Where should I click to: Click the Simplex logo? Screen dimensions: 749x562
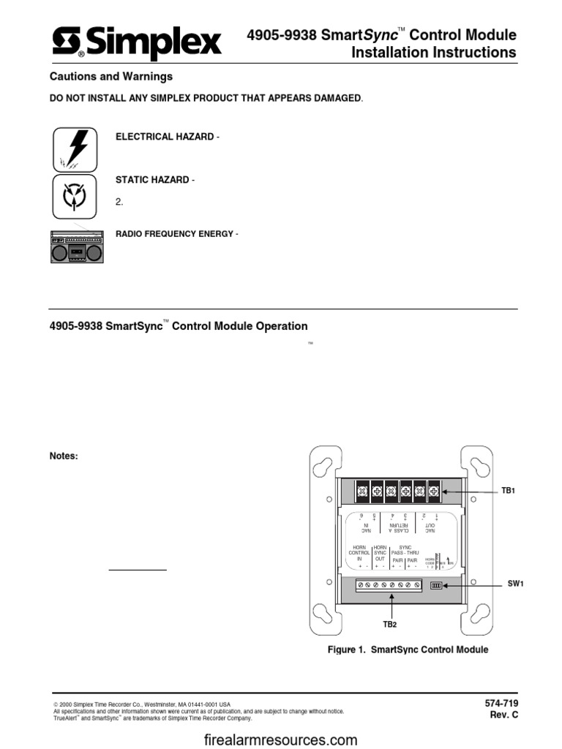[x=136, y=45]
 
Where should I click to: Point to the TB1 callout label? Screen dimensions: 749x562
[x=508, y=491]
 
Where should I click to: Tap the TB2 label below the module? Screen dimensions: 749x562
[x=390, y=624]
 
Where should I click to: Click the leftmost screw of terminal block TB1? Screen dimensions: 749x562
[x=361, y=491]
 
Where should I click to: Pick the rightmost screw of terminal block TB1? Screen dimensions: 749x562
[x=433, y=491]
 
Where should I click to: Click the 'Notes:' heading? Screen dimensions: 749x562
[x=63, y=456]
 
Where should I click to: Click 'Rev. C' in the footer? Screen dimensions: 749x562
[x=504, y=715]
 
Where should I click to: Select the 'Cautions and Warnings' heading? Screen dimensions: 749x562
[x=110, y=76]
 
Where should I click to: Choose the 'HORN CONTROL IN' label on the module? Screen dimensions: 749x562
[x=359, y=552]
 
